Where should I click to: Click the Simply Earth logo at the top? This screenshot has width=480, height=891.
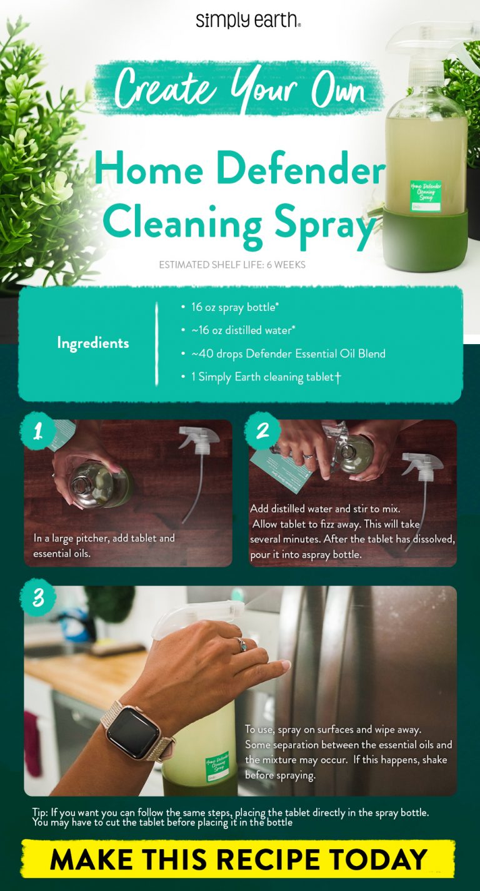248,20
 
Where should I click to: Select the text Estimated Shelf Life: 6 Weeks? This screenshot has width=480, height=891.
232,265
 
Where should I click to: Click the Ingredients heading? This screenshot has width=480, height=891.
93,343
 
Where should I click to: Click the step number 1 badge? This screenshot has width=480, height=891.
38,431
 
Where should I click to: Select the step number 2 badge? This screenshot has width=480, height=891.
262,431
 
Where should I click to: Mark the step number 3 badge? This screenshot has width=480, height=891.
38,599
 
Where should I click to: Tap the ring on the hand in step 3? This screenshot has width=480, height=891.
239,645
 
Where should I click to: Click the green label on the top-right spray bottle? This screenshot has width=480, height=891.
425,195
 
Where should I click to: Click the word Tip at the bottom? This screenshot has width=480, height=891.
40,812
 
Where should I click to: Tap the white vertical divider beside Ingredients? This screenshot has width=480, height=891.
156,343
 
